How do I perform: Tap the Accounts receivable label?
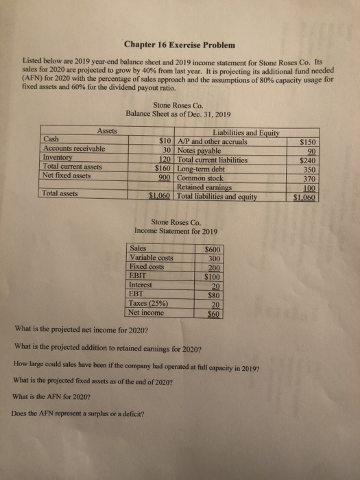74,149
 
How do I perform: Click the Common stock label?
202,177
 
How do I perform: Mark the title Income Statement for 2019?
178,230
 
